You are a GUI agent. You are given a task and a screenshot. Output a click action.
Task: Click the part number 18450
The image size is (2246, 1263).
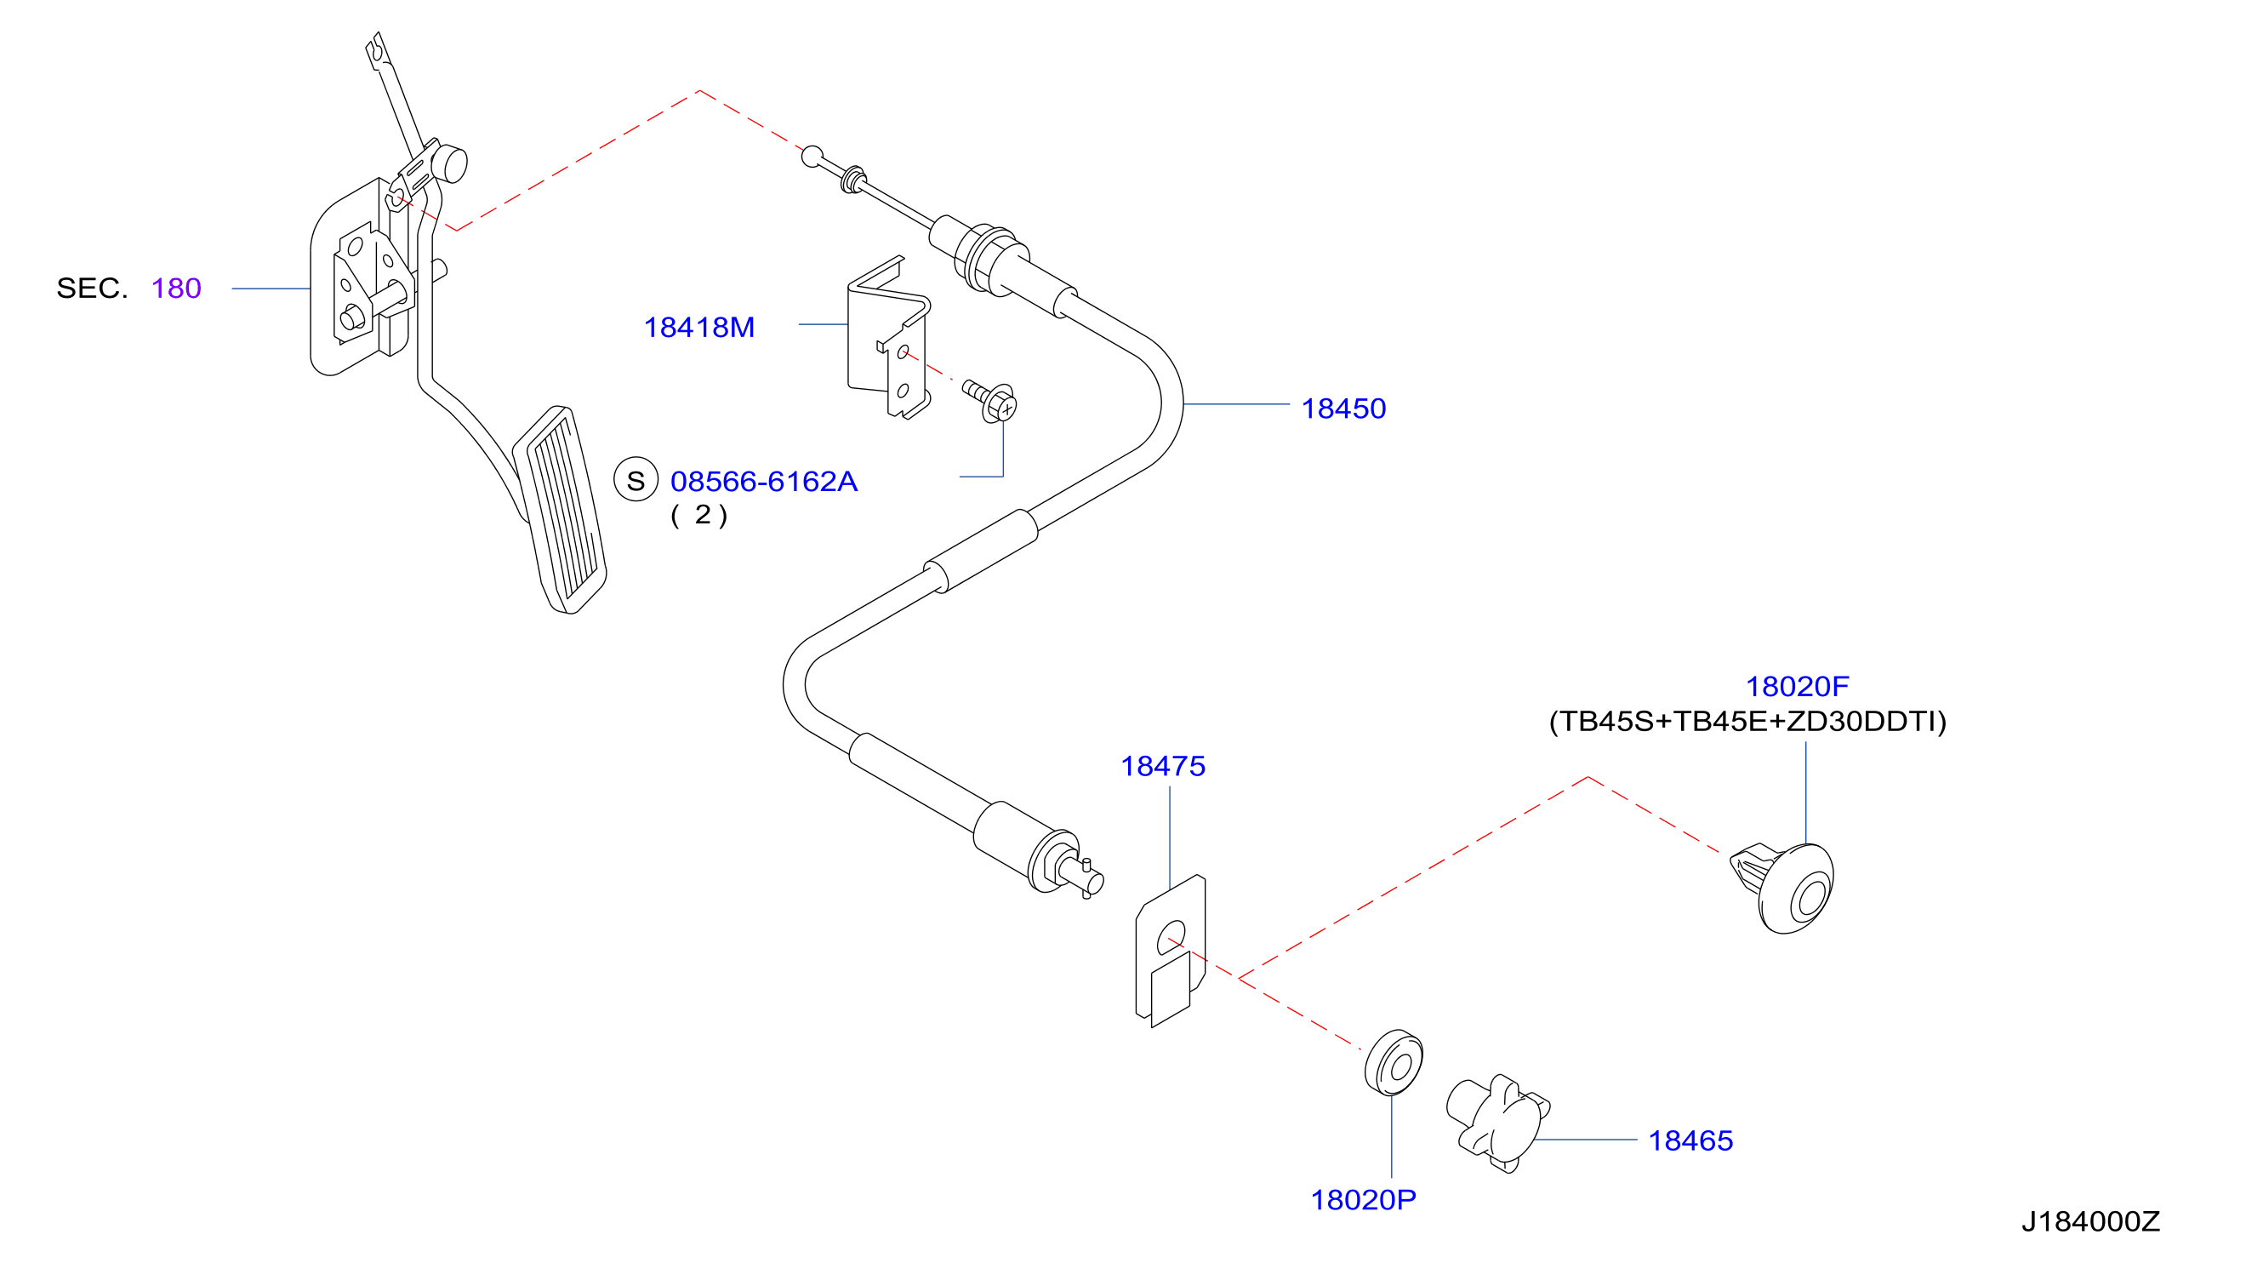(x=1342, y=409)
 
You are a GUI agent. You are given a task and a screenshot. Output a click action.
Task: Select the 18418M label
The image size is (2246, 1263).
(x=698, y=328)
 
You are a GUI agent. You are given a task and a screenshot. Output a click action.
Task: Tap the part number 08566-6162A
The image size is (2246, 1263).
(x=764, y=482)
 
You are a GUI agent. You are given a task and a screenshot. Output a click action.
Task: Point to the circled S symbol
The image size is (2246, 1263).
(x=636, y=480)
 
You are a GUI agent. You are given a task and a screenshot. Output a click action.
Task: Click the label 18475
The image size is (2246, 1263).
(x=1162, y=767)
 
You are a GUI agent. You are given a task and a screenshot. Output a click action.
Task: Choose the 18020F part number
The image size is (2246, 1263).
(x=1796, y=688)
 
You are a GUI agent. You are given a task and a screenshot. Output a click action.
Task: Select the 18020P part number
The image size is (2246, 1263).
(x=1363, y=1200)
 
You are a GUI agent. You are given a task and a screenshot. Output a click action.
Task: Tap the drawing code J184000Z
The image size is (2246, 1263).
(x=2090, y=1222)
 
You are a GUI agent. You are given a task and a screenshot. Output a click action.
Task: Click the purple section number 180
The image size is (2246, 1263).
(x=176, y=289)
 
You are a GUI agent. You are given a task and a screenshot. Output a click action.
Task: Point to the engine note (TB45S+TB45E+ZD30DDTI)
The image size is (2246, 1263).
(x=1747, y=723)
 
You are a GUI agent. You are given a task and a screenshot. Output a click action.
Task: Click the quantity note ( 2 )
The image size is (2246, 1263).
(x=698, y=516)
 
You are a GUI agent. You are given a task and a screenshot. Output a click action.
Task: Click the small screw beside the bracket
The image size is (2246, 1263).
(x=990, y=399)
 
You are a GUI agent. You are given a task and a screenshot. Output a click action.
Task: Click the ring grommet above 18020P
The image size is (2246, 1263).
(x=1394, y=1062)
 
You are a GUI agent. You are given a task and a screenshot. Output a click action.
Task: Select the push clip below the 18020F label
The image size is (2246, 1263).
(x=1783, y=888)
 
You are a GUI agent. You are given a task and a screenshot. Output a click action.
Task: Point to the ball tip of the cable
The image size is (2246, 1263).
(x=812, y=157)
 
